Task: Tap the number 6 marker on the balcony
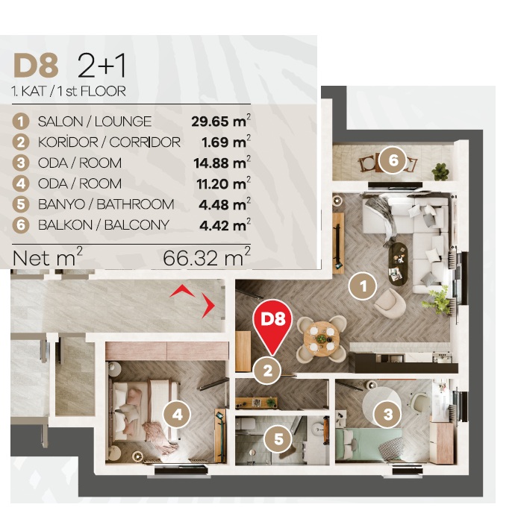pyautogui.click(x=393, y=160)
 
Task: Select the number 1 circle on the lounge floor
pyautogui.click(x=363, y=286)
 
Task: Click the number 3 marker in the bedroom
pyautogui.click(x=388, y=414)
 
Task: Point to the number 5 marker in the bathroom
pyautogui.click(x=278, y=439)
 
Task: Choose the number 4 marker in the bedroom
pyautogui.click(x=178, y=415)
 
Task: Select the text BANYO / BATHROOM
pyautogui.click(x=106, y=204)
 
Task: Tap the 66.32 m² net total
pyautogui.click(x=207, y=257)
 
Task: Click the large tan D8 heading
pyautogui.click(x=36, y=66)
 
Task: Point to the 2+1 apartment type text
pyautogui.click(x=102, y=66)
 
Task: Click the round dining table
pyautogui.click(x=321, y=339)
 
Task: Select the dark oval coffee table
pyautogui.click(x=398, y=264)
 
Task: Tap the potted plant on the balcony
pyautogui.click(x=440, y=172)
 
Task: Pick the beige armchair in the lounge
pyautogui.click(x=390, y=303)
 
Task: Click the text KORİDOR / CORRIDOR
pyautogui.click(x=109, y=142)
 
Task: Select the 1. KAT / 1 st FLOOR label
pyautogui.click(x=69, y=91)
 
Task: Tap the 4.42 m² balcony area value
pyautogui.click(x=225, y=225)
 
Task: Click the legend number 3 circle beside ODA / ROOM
pyautogui.click(x=21, y=163)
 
